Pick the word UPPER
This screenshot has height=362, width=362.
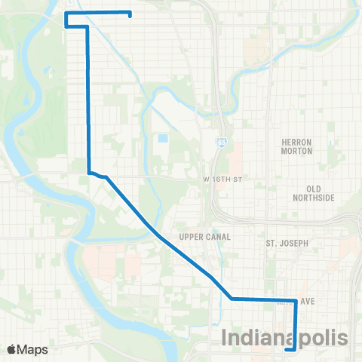[190, 236]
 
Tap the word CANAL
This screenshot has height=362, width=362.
[216, 236]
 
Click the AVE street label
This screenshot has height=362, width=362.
[307, 300]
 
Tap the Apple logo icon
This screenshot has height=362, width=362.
[13, 348]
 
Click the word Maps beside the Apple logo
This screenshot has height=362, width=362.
[33, 349]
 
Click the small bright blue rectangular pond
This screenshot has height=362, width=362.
[163, 140]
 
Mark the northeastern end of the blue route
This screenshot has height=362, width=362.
[130, 15]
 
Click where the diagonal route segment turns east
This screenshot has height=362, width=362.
[232, 299]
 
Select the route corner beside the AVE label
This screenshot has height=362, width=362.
[293, 300]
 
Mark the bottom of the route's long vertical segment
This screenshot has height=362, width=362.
[89, 172]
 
